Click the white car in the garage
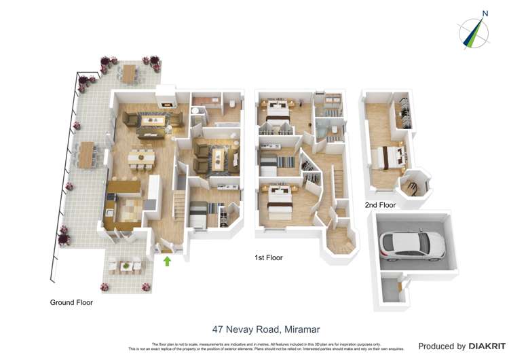(412, 245)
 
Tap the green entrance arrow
(168, 260)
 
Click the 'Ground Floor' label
(71, 302)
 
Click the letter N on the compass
(485, 13)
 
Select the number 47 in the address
(219, 329)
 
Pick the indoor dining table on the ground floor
(140, 158)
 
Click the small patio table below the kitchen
(126, 266)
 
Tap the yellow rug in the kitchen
(129, 207)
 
